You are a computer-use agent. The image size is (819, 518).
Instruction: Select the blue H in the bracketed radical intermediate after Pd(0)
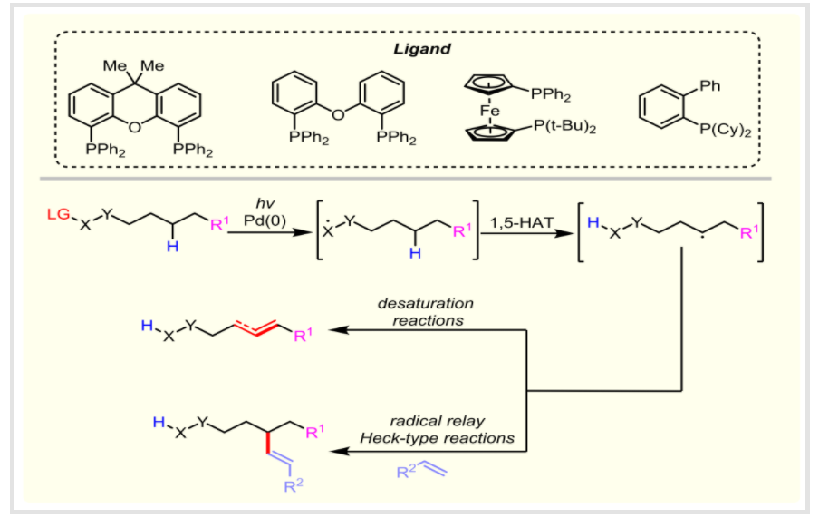tap(414, 254)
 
